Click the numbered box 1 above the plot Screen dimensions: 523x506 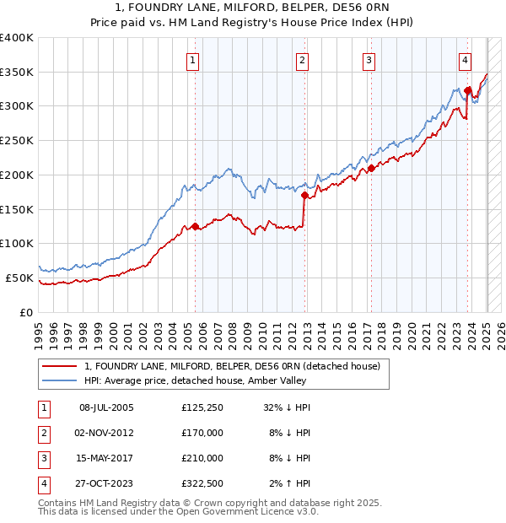tap(194, 60)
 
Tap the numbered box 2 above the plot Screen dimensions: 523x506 tap(302, 60)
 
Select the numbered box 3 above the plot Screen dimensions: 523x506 tap(369, 60)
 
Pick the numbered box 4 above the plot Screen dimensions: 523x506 tap(465, 60)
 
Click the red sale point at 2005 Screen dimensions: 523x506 tap(195, 226)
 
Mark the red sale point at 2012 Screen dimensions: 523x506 tap(305, 195)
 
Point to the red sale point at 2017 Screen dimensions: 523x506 tap(371, 168)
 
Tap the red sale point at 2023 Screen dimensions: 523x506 tap(467, 89)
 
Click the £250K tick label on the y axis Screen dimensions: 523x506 tap(17, 140)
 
